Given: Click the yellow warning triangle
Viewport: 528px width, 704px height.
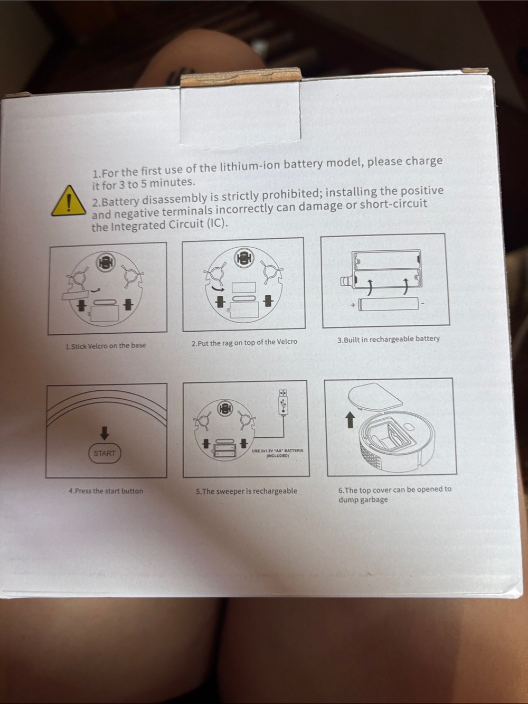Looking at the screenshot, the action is tap(69, 201).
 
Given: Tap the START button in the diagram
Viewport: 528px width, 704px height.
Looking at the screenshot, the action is tap(105, 453).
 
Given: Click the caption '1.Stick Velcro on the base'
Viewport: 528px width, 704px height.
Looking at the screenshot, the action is tap(106, 346).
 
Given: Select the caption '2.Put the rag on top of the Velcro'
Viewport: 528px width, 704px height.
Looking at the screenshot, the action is tap(244, 343).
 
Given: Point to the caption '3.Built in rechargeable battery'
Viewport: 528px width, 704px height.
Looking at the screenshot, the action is tap(388, 339).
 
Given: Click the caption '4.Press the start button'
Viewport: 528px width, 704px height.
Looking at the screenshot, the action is tap(106, 491).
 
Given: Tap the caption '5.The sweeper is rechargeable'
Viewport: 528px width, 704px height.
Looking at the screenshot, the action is tap(247, 491).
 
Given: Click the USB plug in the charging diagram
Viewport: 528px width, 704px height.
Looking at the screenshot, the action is tap(282, 402).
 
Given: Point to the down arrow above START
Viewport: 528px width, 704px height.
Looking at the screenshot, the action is tap(105, 433).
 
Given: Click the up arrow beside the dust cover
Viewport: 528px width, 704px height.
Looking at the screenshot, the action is tap(350, 420).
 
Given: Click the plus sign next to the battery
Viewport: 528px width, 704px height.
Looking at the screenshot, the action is tap(353, 305).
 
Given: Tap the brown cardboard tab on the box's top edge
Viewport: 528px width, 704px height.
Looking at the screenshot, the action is tap(240, 78).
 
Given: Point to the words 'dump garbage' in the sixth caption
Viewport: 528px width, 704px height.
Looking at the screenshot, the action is tap(363, 500).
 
